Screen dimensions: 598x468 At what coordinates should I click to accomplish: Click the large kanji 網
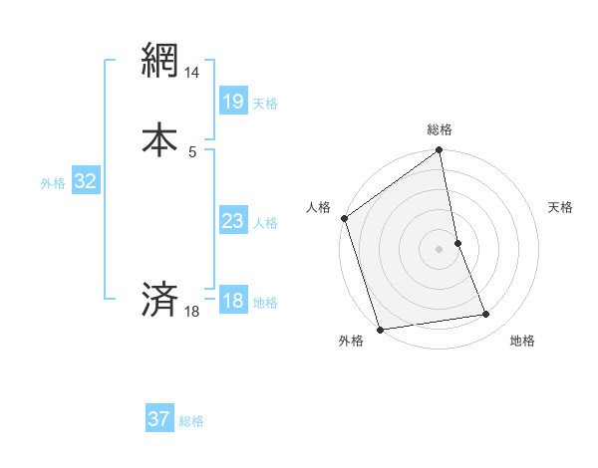(159, 63)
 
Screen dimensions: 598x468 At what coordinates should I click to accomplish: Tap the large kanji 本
(159, 138)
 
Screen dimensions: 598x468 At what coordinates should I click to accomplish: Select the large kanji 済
(159, 299)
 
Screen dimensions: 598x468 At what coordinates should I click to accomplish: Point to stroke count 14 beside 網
(192, 74)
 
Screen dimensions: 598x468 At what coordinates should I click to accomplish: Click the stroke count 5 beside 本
(192, 151)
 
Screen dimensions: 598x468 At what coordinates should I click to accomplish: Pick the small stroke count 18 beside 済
(192, 312)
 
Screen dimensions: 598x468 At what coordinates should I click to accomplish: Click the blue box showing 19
(232, 102)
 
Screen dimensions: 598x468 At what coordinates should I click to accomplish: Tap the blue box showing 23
(232, 221)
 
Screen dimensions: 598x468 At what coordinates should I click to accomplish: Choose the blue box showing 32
(85, 181)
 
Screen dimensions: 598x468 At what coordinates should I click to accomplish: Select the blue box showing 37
(159, 419)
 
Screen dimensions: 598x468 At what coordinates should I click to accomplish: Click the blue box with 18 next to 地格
(232, 301)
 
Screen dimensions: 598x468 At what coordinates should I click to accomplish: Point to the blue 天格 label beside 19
(265, 104)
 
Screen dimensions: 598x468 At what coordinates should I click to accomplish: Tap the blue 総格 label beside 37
(191, 421)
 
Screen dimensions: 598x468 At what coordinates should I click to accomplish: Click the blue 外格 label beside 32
(53, 183)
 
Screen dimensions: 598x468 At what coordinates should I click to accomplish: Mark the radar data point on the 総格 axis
(439, 151)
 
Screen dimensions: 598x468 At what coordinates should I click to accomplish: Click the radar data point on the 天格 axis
(457, 243)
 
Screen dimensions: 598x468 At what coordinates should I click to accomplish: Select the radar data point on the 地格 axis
(486, 315)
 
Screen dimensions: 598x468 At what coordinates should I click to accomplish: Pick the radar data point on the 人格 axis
(344, 218)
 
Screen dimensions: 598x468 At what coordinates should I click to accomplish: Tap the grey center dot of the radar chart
(439, 249)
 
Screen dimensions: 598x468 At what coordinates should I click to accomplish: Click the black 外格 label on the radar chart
(351, 342)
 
